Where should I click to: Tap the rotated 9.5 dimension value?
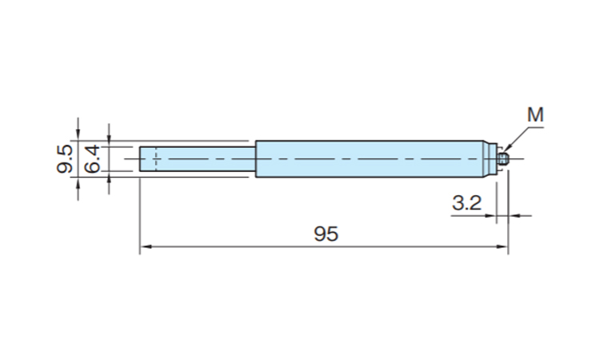(x=65, y=159)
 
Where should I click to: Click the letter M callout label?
(x=535, y=115)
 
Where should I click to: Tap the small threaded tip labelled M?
(x=503, y=159)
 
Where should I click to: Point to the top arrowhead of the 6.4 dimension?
(x=109, y=141)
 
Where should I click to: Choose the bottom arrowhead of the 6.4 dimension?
(x=109, y=178)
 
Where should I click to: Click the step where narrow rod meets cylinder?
(x=255, y=159)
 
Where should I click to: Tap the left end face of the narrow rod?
(x=140, y=159)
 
